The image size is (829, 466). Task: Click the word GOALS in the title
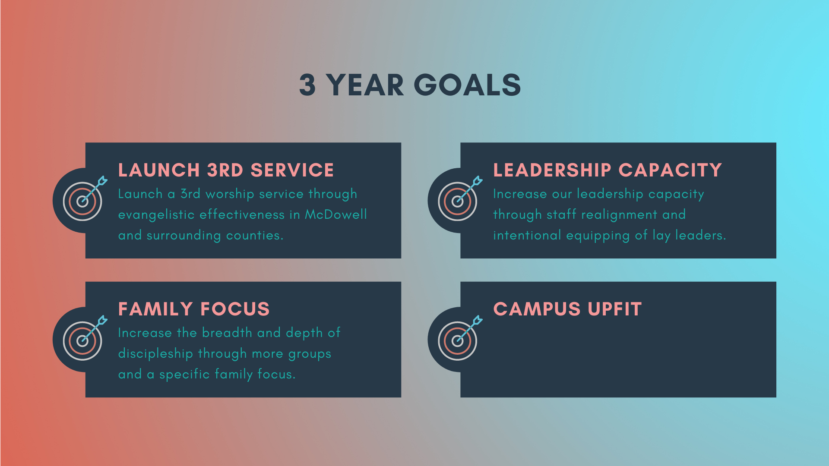point(467,85)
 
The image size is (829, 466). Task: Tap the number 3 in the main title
point(307,85)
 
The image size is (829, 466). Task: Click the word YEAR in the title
point(364,85)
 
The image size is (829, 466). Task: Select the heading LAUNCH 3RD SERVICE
point(226,170)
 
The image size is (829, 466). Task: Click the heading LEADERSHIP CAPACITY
point(608,170)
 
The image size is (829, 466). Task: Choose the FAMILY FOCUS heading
point(194,309)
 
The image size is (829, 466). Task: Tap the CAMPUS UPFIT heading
point(567,309)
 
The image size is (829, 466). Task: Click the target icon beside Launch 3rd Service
point(85,199)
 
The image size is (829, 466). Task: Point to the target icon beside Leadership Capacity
point(460,199)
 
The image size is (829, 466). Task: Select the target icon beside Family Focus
point(85,338)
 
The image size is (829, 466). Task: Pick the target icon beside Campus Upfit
point(460,338)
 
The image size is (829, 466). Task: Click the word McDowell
point(336,214)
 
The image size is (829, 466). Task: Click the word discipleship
point(155,354)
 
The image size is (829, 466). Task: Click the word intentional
point(527,235)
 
